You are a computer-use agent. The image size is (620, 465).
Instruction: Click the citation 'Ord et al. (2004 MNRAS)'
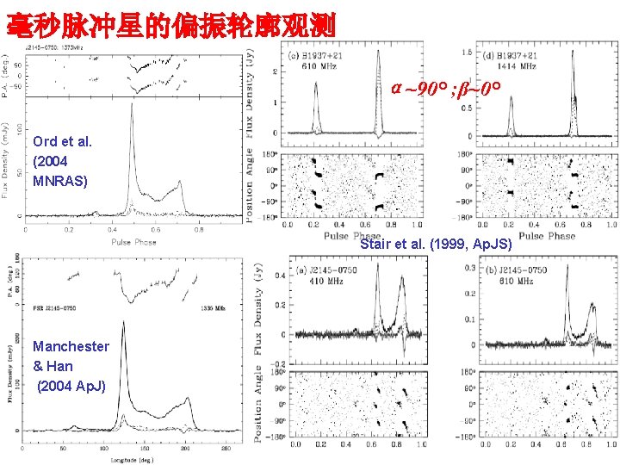[62, 161]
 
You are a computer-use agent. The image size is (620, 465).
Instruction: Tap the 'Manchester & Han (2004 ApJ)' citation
[71, 366]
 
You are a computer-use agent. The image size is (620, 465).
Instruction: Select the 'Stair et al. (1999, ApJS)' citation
[436, 245]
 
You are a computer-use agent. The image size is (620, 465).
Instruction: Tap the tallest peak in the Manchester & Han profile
[123, 325]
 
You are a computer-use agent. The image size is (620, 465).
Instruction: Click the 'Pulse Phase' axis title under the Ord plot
[133, 242]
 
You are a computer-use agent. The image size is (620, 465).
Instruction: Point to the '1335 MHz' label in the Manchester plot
[214, 307]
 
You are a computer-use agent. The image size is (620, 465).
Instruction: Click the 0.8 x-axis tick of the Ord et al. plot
[199, 230]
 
